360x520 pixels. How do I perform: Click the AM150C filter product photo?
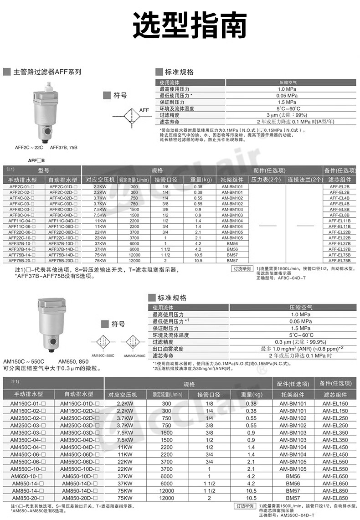click(53, 322)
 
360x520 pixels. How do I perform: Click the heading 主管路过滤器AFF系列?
click(47, 72)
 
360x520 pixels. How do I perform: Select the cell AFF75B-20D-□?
click(64, 261)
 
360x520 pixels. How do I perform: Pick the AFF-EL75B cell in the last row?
click(339, 261)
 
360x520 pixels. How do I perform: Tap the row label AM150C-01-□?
click(29, 404)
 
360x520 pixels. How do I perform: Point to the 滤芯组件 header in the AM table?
click(335, 395)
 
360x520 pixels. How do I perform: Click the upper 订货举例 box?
click(242, 269)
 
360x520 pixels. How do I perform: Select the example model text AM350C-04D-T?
click(296, 515)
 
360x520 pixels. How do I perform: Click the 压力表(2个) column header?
click(266, 180)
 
